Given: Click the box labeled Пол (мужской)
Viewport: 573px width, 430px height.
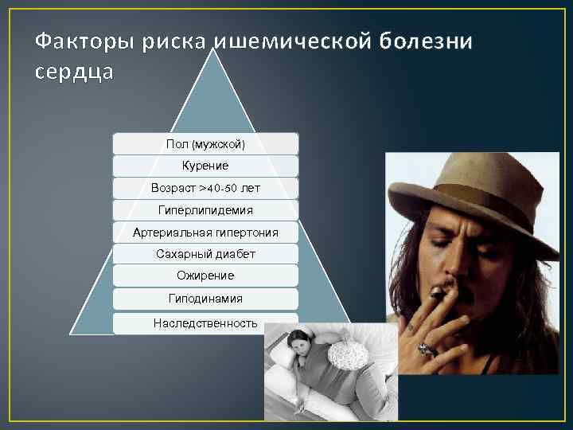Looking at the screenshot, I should [x=205, y=144].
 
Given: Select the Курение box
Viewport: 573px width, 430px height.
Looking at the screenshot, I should [x=205, y=166].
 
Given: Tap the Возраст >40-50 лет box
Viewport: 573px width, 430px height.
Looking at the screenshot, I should [x=205, y=189].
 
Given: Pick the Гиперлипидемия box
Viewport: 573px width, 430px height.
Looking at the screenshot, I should [x=205, y=210].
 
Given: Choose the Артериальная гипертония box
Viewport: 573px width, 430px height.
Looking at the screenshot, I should [x=205, y=233].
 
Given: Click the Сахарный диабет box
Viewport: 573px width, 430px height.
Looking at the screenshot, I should [x=205, y=254].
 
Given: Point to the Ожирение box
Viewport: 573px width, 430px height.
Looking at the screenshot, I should [x=205, y=276].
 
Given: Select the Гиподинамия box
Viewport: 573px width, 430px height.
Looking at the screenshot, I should [x=205, y=299].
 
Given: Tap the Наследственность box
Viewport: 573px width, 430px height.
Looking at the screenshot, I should [x=205, y=322].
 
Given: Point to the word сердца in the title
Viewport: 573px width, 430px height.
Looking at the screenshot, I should [x=75, y=72].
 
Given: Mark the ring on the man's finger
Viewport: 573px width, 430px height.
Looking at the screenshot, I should [x=426, y=348].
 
